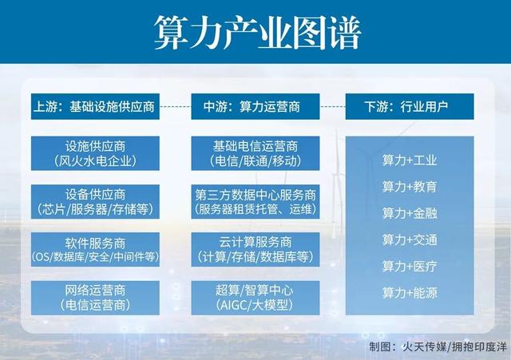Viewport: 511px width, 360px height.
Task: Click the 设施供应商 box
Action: [96, 153]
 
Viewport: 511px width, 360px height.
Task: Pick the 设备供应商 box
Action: [96, 201]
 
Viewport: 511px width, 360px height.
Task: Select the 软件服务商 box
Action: [96, 249]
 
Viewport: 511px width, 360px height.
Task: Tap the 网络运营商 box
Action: [96, 297]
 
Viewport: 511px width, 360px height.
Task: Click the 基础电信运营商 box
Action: [255, 153]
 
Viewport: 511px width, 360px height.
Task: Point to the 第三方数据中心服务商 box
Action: [255, 201]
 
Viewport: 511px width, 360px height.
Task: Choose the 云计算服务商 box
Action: [255, 249]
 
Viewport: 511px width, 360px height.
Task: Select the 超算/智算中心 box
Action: [255, 297]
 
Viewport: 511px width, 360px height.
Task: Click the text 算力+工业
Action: [409, 160]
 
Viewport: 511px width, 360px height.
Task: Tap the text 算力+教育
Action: [409, 187]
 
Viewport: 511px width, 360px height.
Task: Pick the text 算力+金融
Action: [409, 213]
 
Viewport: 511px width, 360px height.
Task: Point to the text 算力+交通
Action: [409, 239]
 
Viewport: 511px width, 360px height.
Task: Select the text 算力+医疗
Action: [409, 266]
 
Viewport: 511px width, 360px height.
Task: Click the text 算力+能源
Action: [409, 293]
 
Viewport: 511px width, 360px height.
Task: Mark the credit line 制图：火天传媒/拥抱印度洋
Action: [434, 347]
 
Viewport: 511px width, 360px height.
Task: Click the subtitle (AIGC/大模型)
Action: [255, 305]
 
